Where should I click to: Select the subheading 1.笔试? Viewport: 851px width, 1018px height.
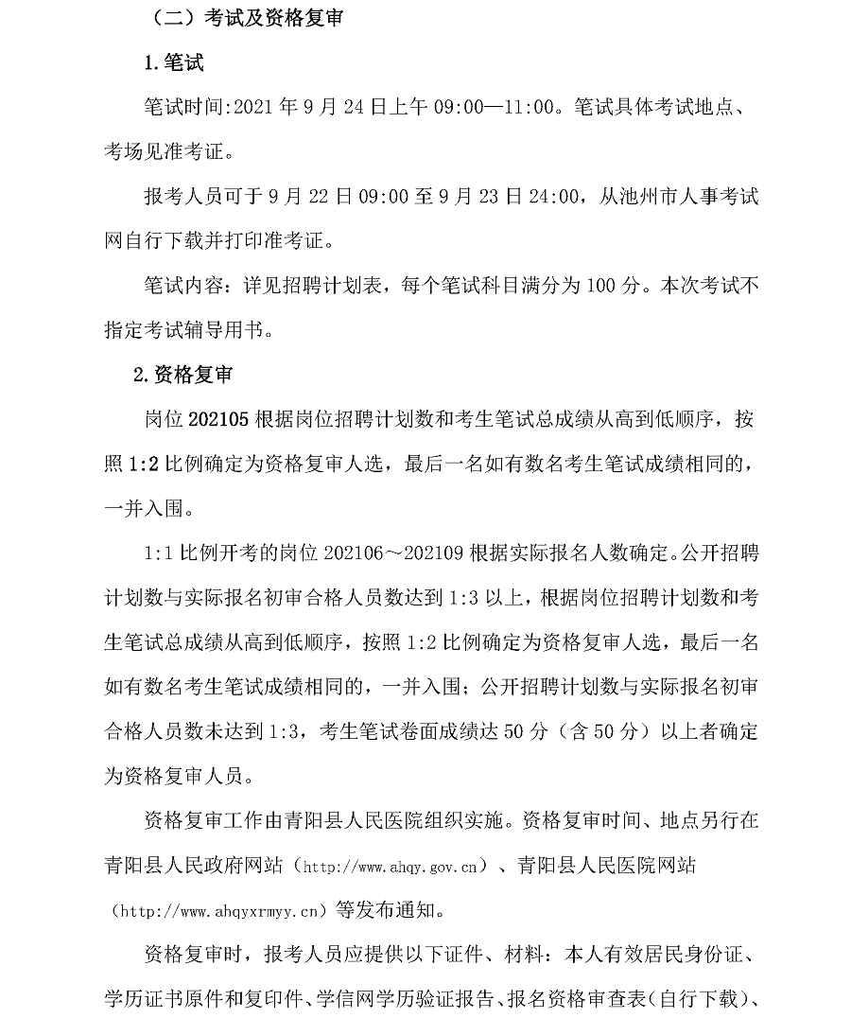click(173, 63)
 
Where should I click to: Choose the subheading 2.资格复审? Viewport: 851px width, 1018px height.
click(183, 374)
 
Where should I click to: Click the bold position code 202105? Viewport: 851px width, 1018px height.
click(219, 418)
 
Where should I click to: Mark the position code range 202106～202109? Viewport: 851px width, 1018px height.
click(392, 552)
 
